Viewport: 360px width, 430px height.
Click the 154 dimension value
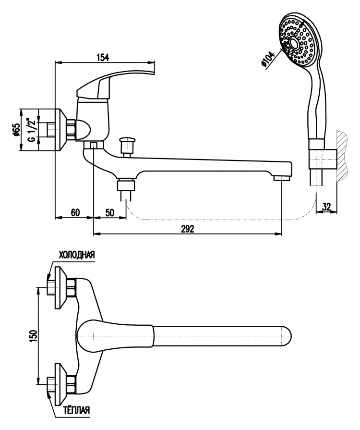102,57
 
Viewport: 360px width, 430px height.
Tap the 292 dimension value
187,228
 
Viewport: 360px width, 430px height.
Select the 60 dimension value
75,212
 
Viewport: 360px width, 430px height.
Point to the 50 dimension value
109,212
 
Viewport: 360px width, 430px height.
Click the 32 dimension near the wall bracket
326,207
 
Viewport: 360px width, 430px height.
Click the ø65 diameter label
16,129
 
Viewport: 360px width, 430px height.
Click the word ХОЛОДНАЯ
77,255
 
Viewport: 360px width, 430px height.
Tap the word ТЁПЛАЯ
76,410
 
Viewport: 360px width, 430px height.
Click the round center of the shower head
294,43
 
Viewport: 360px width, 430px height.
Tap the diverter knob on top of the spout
126,144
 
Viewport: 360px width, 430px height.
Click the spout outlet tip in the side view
282,179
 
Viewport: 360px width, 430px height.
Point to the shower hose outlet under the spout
126,189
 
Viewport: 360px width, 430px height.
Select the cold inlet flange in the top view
60,287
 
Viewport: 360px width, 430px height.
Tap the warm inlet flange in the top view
60,384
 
